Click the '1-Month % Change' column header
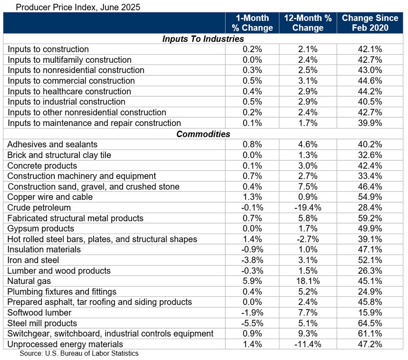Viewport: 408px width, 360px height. click(x=252, y=23)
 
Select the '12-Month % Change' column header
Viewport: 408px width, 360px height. click(x=308, y=23)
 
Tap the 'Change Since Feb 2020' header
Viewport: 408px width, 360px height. click(x=370, y=23)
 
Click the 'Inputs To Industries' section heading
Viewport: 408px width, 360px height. click(x=203, y=39)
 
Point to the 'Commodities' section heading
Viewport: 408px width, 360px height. click(x=203, y=134)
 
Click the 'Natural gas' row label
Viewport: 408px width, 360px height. click(x=27, y=281)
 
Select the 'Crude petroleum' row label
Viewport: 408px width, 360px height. click(x=39, y=207)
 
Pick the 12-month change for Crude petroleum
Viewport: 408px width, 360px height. click(x=308, y=207)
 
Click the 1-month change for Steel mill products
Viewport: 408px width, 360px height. click(x=252, y=323)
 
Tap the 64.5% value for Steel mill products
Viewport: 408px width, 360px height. click(x=370, y=323)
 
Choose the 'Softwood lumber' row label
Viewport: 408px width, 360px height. click(x=39, y=313)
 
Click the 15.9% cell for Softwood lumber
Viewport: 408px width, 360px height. click(x=370, y=313)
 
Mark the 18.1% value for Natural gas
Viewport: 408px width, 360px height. click(x=308, y=281)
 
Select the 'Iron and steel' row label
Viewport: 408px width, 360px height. click(x=33, y=260)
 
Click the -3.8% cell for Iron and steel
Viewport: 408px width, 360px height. click(x=252, y=260)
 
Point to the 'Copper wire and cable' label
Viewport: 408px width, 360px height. click(x=50, y=197)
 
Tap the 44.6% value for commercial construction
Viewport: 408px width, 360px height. click(x=370, y=81)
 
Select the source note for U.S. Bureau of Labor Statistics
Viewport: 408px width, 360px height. click(x=79, y=353)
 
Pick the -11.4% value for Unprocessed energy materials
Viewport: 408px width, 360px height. click(x=308, y=344)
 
